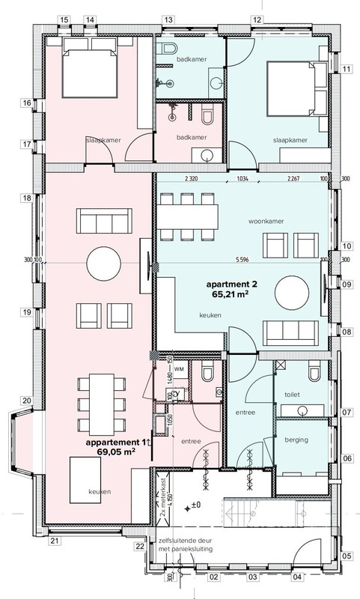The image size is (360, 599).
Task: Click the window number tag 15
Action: pos(64,20)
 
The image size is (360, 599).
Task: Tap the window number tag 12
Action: pos(257,20)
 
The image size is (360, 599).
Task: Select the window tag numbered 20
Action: pos(26,401)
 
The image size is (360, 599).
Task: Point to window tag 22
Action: pos(140,547)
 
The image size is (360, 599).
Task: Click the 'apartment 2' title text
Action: pos(232,285)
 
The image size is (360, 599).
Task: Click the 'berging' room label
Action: pos(296,440)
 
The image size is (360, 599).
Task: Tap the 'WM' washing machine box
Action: pos(179,370)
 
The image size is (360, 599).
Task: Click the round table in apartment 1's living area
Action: pos(104,264)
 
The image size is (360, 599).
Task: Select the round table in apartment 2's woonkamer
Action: pos(292,293)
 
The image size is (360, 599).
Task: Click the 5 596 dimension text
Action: pos(242,260)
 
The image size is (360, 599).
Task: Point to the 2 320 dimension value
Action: pos(191,178)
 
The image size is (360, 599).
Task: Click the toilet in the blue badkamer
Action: pos(167,49)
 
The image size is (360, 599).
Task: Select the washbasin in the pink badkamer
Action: pos(207,155)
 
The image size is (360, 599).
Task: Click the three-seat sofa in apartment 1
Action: pos(104,221)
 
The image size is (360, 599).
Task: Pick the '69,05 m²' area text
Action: pos(117,451)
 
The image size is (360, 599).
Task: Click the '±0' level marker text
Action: pos(196,505)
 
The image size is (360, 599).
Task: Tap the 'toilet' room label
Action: pos(292,395)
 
